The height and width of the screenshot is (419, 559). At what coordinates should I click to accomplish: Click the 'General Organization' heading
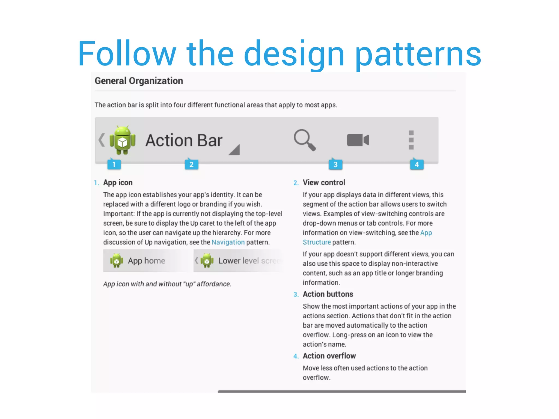[139, 81]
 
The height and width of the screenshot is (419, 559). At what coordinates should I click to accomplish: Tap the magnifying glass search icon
[304, 140]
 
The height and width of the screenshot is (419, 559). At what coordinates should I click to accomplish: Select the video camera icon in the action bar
[358, 140]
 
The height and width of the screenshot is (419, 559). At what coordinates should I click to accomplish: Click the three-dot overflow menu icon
[411, 140]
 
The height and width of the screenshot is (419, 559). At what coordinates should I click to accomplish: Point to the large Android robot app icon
[122, 140]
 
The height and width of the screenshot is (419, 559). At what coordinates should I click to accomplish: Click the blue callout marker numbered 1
[114, 164]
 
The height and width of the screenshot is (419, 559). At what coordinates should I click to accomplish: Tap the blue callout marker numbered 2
[191, 164]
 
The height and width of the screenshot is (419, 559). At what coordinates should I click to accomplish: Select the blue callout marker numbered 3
[335, 164]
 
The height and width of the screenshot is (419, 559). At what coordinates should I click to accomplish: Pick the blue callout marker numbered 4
[417, 164]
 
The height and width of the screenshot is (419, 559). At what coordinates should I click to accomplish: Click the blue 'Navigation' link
[228, 242]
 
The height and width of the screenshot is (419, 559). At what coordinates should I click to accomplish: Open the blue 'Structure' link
[317, 242]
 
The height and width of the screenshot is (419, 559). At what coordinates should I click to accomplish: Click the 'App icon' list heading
[118, 182]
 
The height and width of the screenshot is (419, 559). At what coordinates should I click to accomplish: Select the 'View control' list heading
[324, 182]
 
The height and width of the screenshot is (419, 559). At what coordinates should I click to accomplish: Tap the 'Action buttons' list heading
[328, 294]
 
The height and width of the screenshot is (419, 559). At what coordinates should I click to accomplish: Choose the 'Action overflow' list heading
[329, 356]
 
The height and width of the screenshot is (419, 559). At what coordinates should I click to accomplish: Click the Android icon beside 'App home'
[117, 261]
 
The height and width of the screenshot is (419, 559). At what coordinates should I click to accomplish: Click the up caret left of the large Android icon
[102, 140]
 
